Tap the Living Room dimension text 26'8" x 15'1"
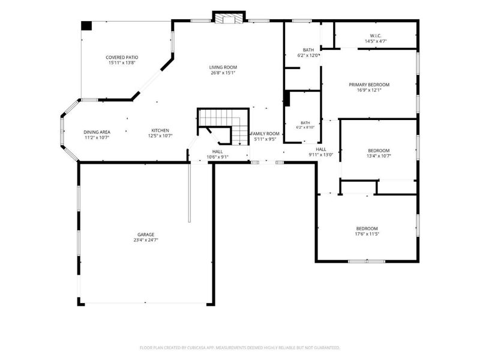click(x=223, y=73)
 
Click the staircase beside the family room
click(x=223, y=126)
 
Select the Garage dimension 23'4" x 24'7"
click(x=146, y=240)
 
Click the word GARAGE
click(x=146, y=235)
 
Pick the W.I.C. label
click(x=376, y=35)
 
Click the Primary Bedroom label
click(x=369, y=85)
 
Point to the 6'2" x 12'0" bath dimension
click(x=308, y=55)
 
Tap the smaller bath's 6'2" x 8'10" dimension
click(x=305, y=127)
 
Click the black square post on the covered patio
click(x=86, y=25)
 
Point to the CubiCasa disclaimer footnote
click(x=239, y=348)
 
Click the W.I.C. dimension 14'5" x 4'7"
click(x=376, y=41)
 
